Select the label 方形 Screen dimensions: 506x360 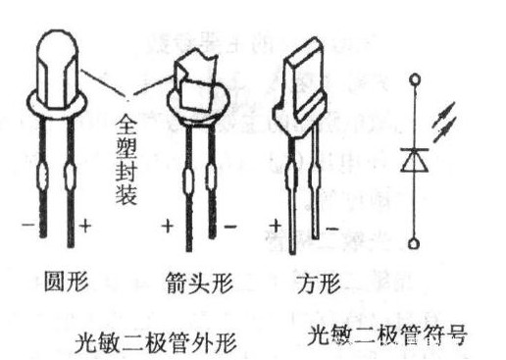click(316, 285)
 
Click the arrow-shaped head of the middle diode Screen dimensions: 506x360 click(196, 83)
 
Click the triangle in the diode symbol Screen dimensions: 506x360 click(413, 157)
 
